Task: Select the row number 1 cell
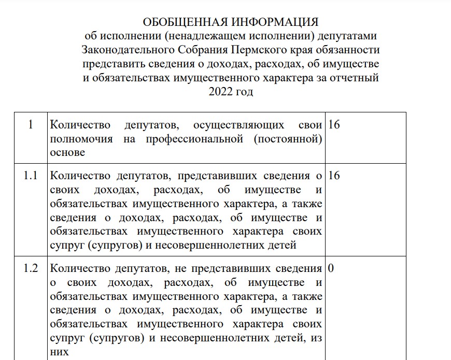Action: [x=31, y=125]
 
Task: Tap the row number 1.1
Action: [x=31, y=176]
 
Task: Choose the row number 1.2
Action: [x=31, y=269]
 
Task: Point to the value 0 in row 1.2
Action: [x=331, y=269]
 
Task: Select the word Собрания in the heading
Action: [x=200, y=51]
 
